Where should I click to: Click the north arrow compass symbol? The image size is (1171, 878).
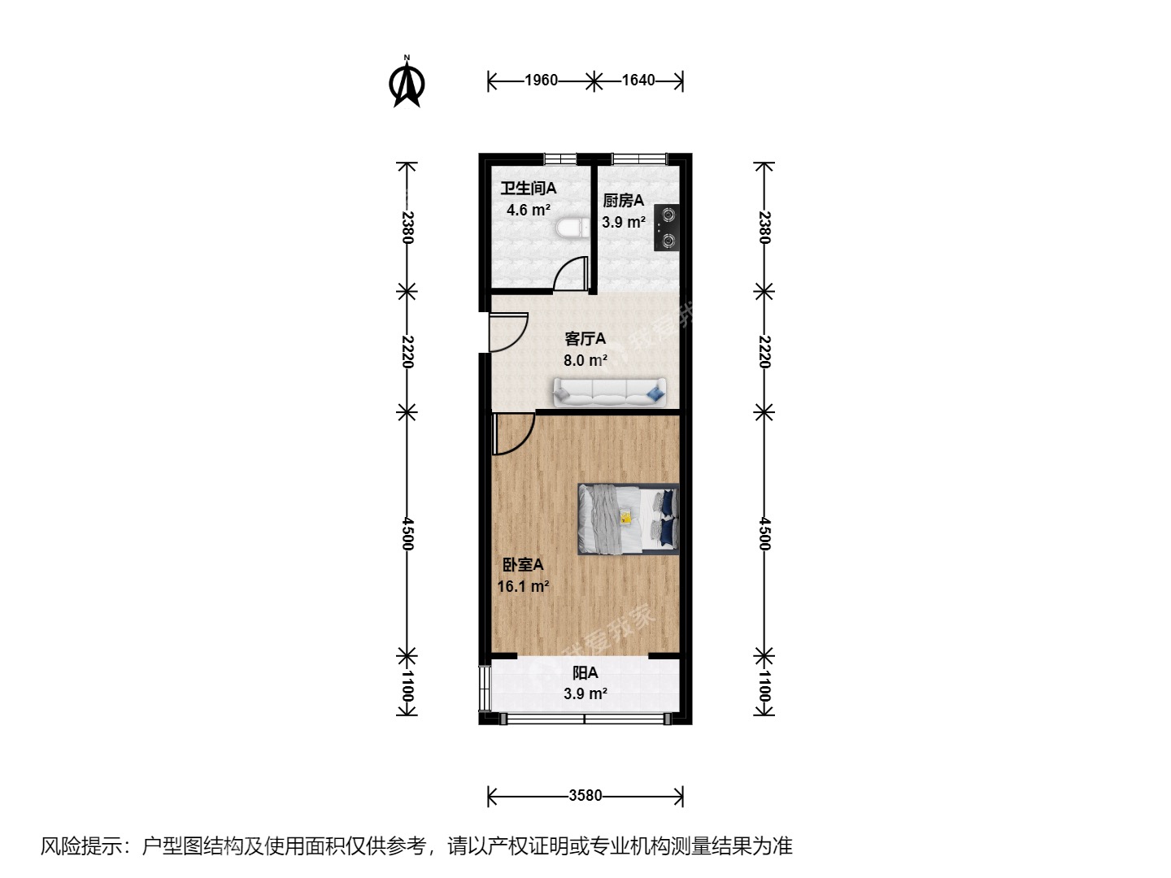(x=407, y=82)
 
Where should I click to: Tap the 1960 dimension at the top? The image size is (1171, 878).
(x=541, y=80)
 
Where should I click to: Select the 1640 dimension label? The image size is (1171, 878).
(x=638, y=80)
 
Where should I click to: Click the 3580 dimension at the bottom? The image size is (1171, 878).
(x=585, y=796)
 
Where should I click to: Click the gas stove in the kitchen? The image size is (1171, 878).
(x=667, y=228)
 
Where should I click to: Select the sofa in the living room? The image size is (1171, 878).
(x=609, y=392)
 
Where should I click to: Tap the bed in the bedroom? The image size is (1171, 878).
(x=628, y=519)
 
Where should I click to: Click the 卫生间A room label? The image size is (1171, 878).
(x=529, y=189)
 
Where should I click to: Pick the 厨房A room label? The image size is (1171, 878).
(x=623, y=201)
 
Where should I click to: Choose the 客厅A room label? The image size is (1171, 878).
(x=585, y=339)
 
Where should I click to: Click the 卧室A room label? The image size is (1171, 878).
(x=522, y=565)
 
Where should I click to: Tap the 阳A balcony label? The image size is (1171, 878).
(x=585, y=673)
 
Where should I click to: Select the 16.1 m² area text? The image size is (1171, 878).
(x=523, y=586)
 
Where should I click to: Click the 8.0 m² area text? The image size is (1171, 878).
(x=585, y=361)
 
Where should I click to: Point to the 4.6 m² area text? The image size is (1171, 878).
(x=529, y=211)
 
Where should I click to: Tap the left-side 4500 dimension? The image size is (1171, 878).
(x=407, y=533)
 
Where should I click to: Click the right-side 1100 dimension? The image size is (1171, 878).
(x=764, y=686)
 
